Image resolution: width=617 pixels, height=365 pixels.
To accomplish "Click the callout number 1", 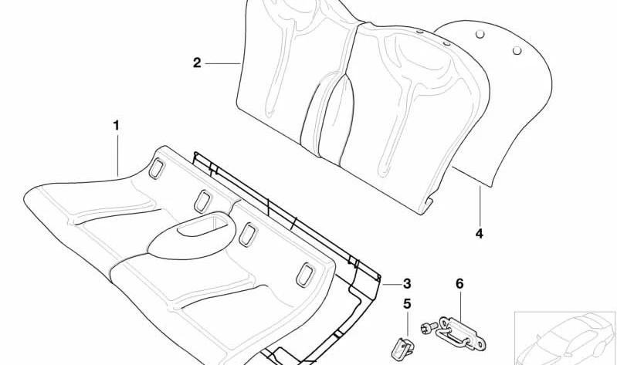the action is [x=116, y=126].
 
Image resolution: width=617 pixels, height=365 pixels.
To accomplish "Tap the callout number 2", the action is [x=197, y=63].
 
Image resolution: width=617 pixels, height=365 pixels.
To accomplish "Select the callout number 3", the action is [x=407, y=283].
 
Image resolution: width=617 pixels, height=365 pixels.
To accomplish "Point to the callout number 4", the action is [x=479, y=234].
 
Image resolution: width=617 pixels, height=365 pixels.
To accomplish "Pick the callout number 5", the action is [x=407, y=303].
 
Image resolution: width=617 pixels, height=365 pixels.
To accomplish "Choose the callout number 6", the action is [x=459, y=283].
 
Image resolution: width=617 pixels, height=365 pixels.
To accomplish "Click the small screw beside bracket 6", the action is [x=429, y=327].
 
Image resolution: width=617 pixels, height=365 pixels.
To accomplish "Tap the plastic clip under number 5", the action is [x=402, y=349].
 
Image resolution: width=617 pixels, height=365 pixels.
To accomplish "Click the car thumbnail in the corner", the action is [x=565, y=338].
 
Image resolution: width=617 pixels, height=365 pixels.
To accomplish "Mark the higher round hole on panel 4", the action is [x=480, y=34].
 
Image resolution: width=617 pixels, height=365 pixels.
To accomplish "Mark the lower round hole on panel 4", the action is [x=517, y=50].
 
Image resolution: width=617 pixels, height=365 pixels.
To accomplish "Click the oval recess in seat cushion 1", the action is [x=202, y=225].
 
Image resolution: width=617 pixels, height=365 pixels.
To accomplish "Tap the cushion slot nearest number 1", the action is [x=156, y=168].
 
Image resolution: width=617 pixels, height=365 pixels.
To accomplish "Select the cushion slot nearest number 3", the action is [x=305, y=275].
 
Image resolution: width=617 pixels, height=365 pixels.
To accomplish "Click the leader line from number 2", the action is [x=222, y=63].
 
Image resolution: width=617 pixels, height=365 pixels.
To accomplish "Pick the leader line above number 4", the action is [x=480, y=205].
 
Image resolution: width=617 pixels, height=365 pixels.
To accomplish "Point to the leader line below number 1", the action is [x=117, y=155].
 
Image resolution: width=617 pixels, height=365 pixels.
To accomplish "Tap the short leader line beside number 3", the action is [x=392, y=284].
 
